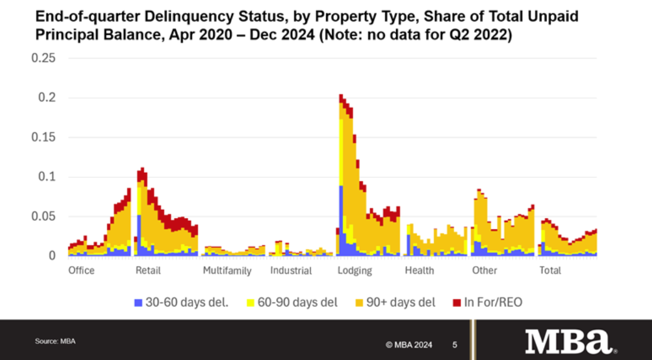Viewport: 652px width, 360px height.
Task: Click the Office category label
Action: pos(81,271)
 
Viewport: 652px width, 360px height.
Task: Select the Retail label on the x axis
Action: pos(148,271)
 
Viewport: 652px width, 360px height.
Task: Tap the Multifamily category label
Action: pos(227,271)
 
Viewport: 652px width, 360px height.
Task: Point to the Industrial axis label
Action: pos(290,271)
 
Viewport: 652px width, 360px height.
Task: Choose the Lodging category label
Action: pos(354,271)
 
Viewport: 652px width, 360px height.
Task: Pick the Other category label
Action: pos(485,271)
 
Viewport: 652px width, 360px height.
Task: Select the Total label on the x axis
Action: pos(550,271)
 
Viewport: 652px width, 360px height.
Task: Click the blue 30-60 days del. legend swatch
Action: pos(138,303)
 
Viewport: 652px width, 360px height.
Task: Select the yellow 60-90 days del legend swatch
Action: pos(250,303)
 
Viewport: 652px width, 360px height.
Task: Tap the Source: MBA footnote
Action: pos(55,341)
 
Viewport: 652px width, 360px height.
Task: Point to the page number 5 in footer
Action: pos(455,345)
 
